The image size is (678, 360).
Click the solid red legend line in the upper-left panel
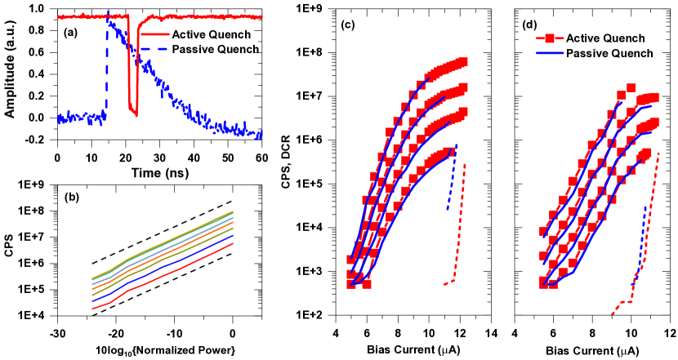pos(155,34)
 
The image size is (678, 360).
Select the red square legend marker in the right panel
pos(550,38)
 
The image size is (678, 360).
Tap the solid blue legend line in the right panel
pos(550,53)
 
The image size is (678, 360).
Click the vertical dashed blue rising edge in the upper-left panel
pos(107,73)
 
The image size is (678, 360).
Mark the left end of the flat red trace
pos(60,16)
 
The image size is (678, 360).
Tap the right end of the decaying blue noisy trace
pos(261,134)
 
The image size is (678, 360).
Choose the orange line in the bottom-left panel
pos(163,255)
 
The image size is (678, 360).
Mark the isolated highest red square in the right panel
pos(631,87)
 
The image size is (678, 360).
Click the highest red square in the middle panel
pos(463,62)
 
